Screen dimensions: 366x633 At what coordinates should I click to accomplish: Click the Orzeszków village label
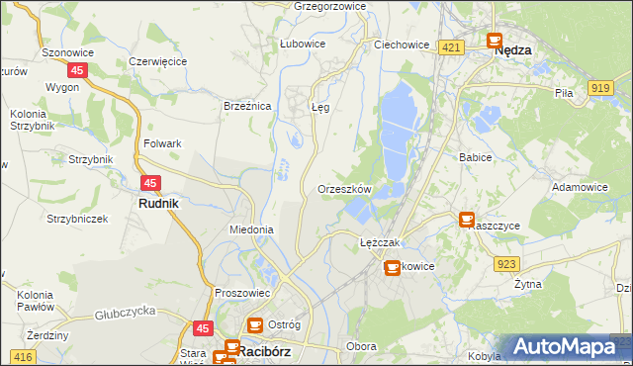[344, 189]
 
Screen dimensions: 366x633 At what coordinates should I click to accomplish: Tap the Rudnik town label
[157, 204]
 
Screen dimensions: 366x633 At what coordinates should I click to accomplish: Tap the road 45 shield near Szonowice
[77, 70]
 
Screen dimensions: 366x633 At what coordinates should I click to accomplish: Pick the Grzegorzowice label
[330, 6]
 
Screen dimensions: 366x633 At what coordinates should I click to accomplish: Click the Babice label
[476, 156]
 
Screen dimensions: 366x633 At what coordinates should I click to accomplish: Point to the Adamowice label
[580, 186]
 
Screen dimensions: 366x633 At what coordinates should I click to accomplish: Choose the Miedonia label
[250, 229]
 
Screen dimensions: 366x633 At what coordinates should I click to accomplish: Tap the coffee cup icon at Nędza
[494, 41]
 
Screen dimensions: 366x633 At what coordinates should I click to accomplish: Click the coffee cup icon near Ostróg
[254, 324]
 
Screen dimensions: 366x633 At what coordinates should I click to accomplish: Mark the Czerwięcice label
[158, 61]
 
